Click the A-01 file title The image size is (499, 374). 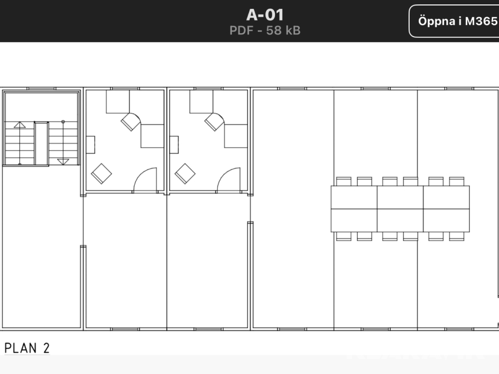click(265, 14)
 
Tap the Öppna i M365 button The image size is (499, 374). click(455, 21)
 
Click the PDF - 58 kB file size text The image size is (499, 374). click(265, 30)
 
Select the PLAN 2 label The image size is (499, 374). click(27, 348)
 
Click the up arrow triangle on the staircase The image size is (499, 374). click(19, 125)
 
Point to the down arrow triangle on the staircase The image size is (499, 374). click(63, 162)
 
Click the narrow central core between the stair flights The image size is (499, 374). click(42, 144)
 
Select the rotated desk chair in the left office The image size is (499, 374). click(130, 122)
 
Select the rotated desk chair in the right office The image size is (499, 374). click(214, 122)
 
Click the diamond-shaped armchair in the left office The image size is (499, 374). click(101, 173)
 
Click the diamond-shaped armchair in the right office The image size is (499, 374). click(185, 173)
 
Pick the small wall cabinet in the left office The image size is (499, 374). click(90, 145)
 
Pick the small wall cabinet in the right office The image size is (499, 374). click(174, 145)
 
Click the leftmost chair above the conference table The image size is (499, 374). click(344, 182)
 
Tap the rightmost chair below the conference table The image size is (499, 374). click(457, 236)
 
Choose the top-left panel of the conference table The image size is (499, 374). click(354, 197)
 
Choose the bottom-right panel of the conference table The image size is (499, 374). click(446, 221)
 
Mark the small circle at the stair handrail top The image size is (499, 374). click(63, 122)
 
